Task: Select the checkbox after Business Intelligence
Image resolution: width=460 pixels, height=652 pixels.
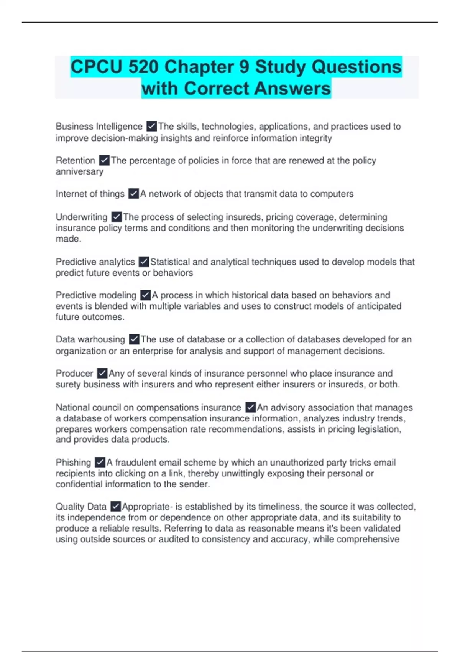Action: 151,126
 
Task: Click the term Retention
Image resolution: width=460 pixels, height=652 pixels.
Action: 76,160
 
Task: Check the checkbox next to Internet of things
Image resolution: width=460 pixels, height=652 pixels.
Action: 133,194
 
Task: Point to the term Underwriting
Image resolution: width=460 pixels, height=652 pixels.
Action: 82,217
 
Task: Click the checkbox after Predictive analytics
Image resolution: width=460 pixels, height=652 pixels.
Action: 144,262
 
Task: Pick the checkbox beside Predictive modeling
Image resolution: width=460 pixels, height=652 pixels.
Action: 145,295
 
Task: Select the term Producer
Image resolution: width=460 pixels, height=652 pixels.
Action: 74,373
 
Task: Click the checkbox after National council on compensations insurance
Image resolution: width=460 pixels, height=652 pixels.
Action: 250,407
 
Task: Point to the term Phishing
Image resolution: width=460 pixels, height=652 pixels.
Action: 73,463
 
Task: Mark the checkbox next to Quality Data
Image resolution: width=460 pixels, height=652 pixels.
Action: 115,507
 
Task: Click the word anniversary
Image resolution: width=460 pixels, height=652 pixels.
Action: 79,171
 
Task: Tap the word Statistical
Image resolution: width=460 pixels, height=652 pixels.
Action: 170,262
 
